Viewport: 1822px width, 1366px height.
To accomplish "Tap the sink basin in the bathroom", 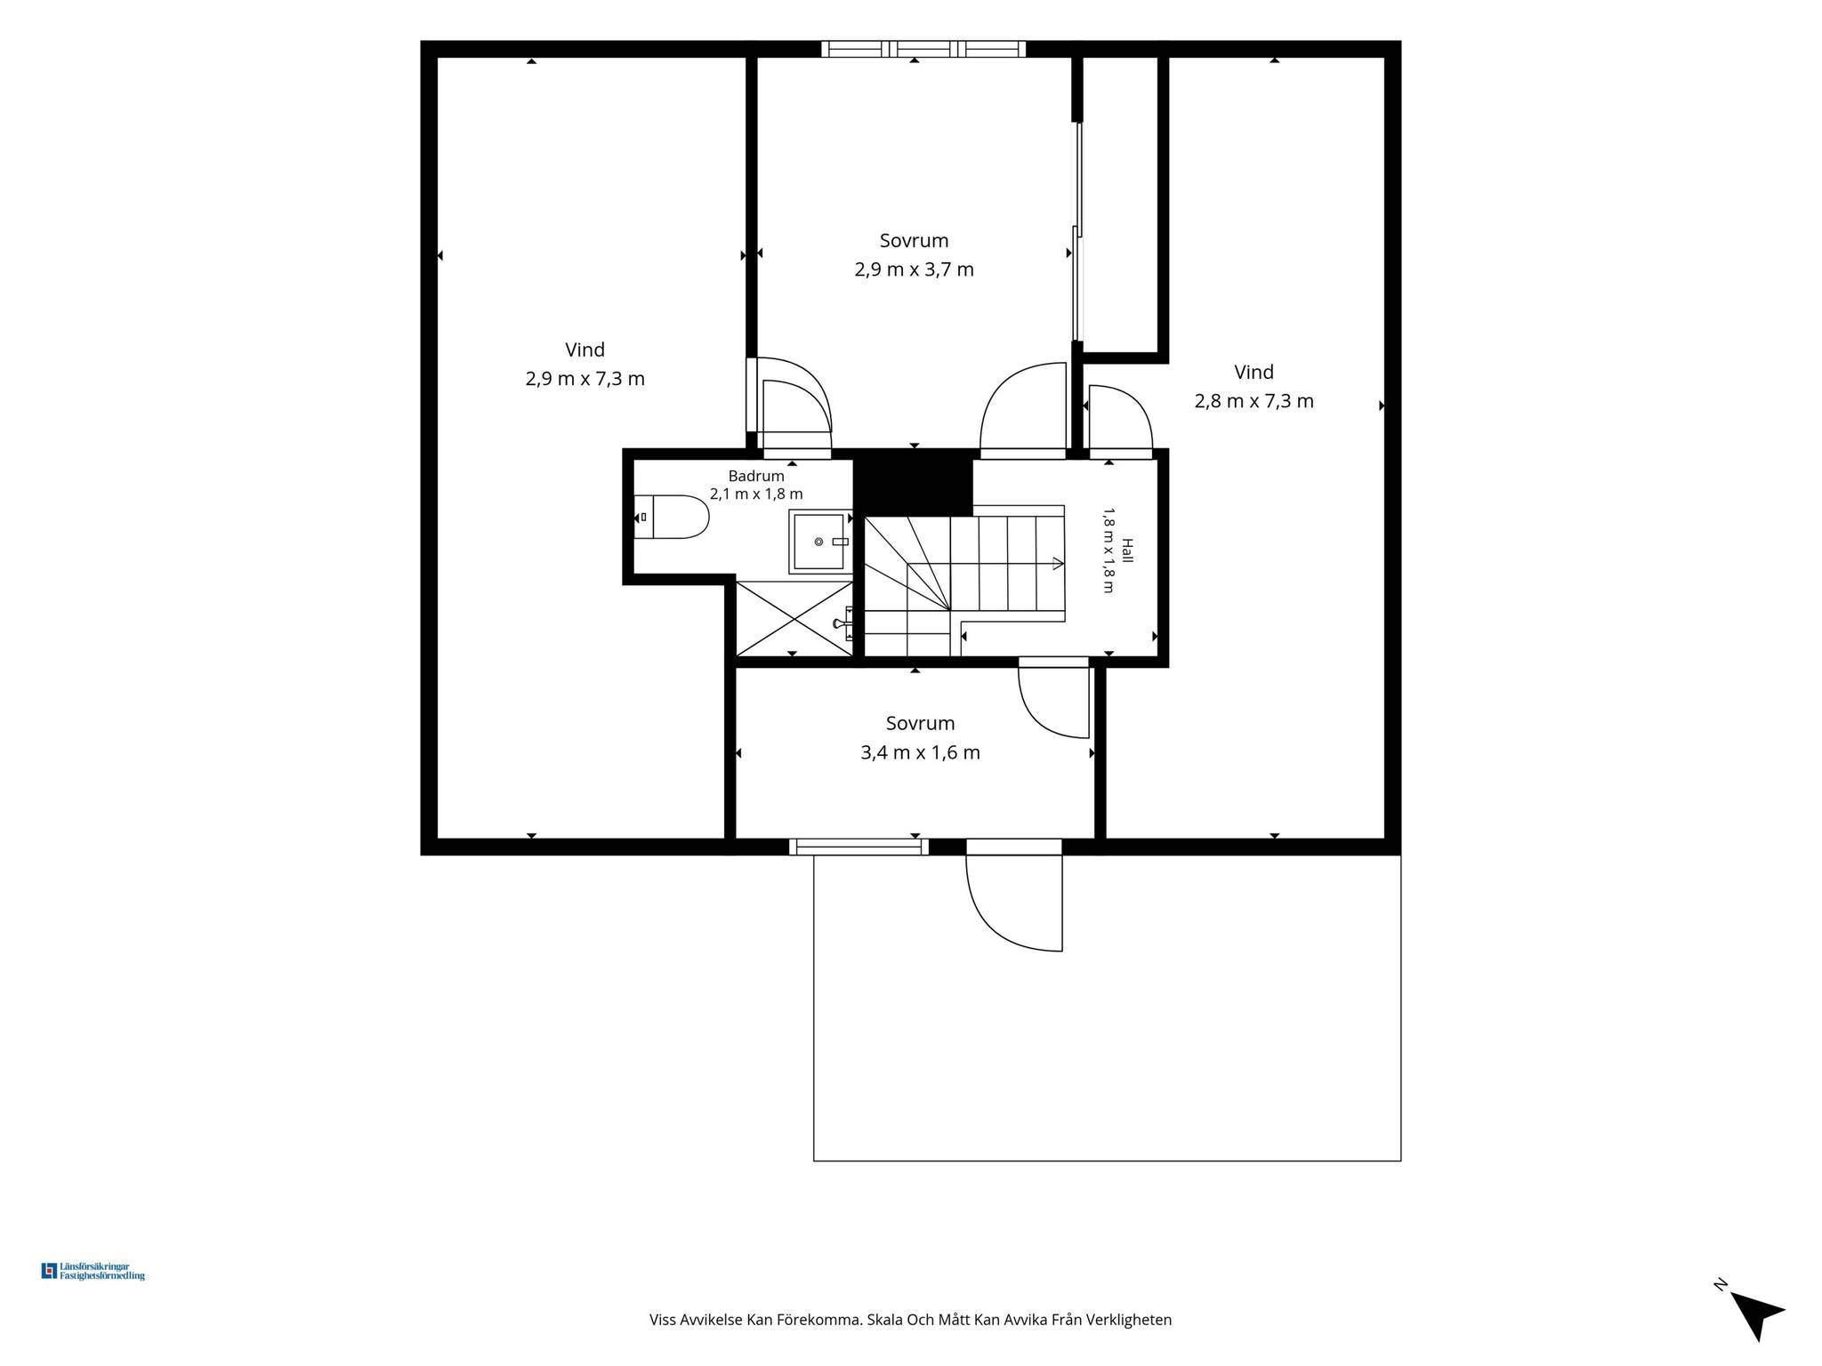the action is (818, 542).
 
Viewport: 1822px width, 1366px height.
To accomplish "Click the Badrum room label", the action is (756, 476).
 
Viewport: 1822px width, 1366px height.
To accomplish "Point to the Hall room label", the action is (1127, 550).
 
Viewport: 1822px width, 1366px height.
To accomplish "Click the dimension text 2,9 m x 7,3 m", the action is (585, 379).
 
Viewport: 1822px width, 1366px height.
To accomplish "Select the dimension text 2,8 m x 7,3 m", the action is (1254, 401).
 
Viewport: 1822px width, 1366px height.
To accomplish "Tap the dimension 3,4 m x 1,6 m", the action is (921, 753).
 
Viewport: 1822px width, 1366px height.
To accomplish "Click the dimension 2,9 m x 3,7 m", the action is (915, 269).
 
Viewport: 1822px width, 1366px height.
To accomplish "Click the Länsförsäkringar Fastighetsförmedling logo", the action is (93, 1271).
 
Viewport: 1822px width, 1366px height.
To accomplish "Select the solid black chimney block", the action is (913, 483).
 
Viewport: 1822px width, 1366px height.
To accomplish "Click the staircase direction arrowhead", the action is (1058, 563).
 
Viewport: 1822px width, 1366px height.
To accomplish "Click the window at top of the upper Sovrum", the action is (923, 49).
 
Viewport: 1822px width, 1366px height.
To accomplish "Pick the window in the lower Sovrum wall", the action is (859, 847).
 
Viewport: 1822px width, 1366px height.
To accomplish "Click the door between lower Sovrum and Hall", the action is (1054, 703).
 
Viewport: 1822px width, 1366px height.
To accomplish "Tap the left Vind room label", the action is (585, 350).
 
